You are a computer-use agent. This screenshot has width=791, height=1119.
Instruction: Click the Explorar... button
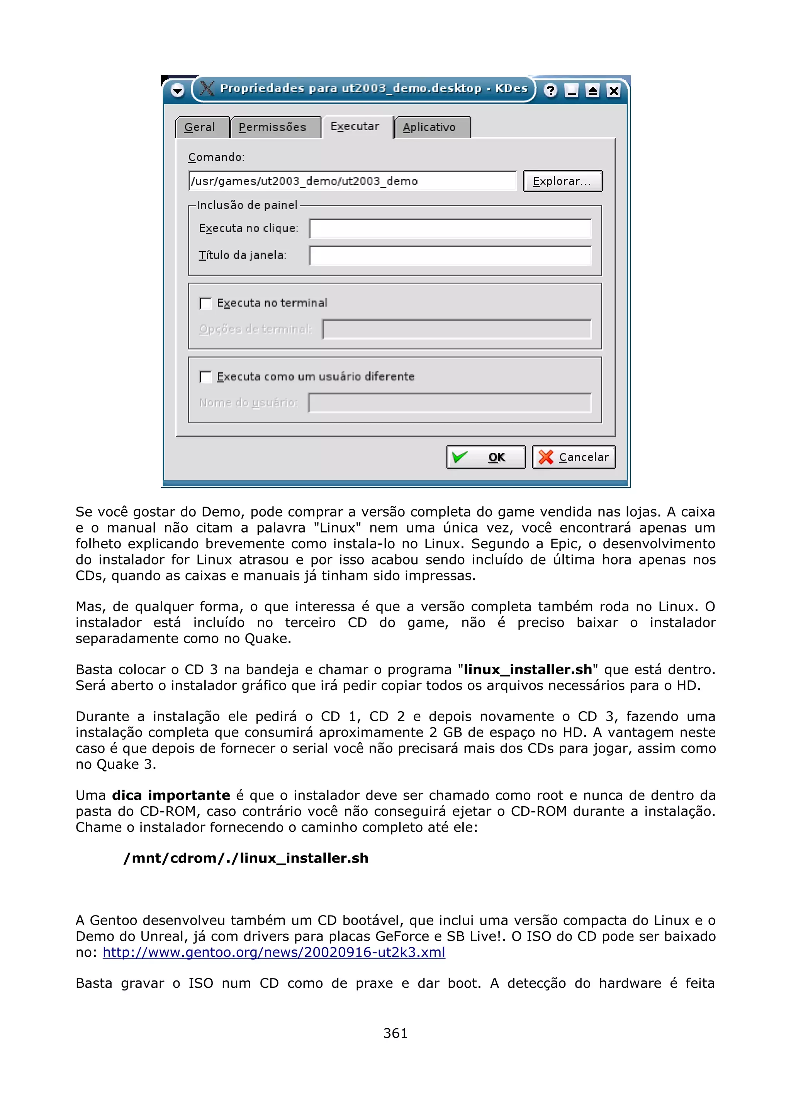562,181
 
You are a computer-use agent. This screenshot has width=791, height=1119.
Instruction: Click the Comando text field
352,181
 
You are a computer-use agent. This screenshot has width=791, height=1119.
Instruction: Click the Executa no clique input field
450,229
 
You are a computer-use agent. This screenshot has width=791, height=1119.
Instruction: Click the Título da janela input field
450,255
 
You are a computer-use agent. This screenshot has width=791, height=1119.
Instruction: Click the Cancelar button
574,457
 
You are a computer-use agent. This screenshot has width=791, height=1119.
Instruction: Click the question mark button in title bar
550,91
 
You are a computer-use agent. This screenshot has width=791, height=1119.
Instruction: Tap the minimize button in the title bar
571,91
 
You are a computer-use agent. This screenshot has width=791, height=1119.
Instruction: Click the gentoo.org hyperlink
274,952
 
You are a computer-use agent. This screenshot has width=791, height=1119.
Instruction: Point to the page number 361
395,1033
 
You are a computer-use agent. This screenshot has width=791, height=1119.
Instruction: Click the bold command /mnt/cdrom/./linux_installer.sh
246,858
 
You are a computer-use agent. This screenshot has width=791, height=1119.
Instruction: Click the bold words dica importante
171,795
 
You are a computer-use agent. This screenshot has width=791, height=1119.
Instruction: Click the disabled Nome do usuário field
449,403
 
